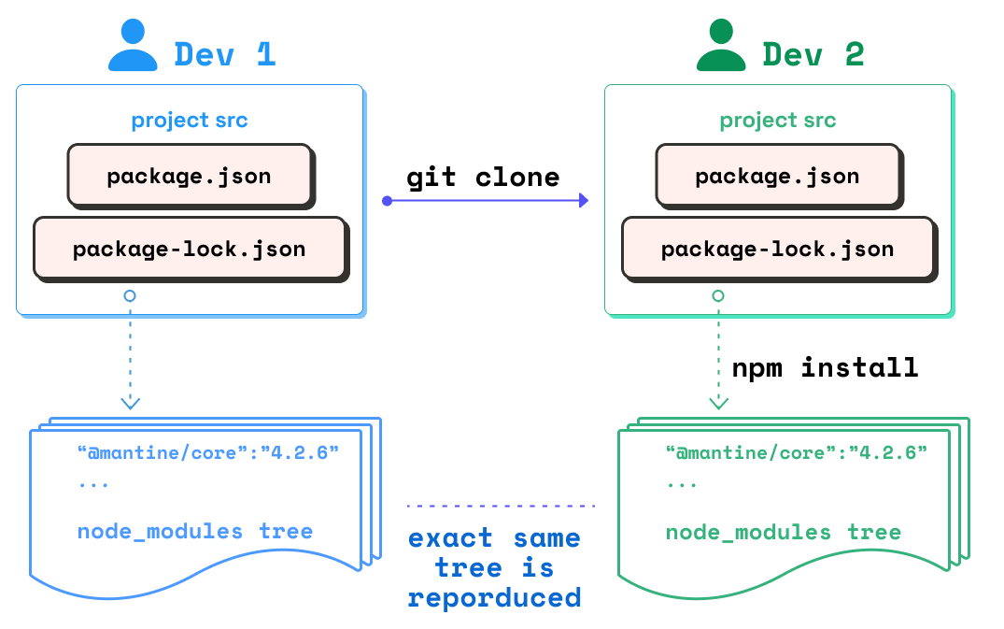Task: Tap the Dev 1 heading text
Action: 225,54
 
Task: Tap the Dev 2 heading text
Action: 813,54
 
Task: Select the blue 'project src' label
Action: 190,121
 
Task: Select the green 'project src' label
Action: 778,121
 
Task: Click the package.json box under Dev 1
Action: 189,175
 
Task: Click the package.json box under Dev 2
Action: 777,175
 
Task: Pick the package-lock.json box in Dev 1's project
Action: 190,249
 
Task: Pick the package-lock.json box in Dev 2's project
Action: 778,249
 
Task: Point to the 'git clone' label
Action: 483,177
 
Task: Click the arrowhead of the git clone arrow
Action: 583,200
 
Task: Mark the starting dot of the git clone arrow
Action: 387,200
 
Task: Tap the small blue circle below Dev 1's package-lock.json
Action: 130,295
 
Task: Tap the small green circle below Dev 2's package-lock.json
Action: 718,295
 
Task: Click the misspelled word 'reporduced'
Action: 494,597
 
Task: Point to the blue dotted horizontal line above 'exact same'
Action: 501,506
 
